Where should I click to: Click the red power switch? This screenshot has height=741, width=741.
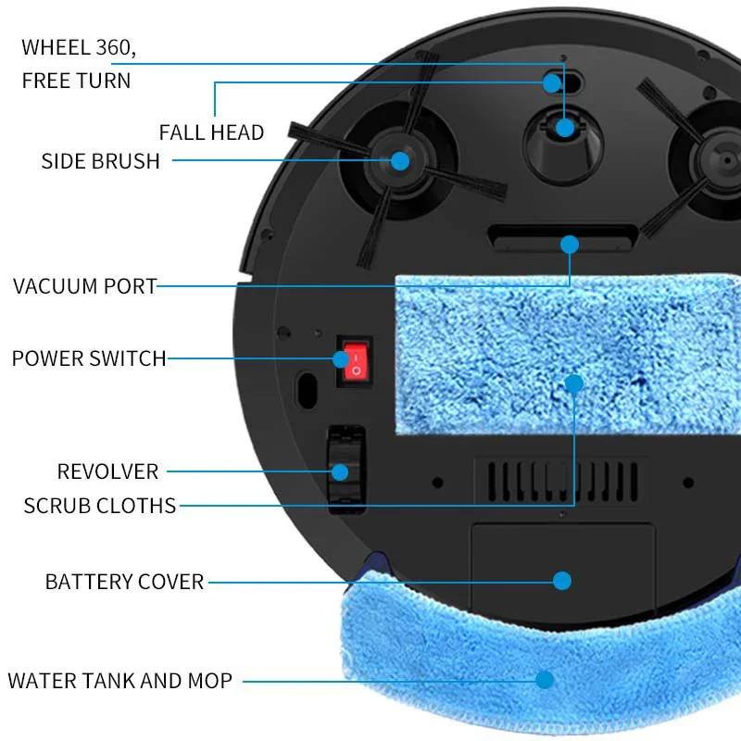(354, 362)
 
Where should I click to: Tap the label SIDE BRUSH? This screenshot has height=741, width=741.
(100, 160)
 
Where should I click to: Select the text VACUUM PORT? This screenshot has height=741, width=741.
(85, 285)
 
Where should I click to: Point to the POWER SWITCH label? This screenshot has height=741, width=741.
(89, 358)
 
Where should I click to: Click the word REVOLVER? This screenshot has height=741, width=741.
(107, 471)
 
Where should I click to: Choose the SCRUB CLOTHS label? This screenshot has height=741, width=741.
(100, 506)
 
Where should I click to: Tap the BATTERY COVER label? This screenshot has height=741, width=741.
(124, 582)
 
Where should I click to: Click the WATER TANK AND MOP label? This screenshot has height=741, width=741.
(119, 681)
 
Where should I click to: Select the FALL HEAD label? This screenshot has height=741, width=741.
(211, 132)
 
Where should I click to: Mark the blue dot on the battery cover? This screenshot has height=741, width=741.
(562, 581)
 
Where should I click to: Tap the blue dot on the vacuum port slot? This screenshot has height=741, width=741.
(570, 245)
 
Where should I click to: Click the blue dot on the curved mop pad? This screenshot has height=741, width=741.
(545, 679)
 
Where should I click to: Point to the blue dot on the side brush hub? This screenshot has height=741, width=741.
(400, 160)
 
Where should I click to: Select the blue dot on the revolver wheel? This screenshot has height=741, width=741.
(341, 471)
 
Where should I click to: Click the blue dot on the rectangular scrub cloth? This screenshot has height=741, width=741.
(574, 383)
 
